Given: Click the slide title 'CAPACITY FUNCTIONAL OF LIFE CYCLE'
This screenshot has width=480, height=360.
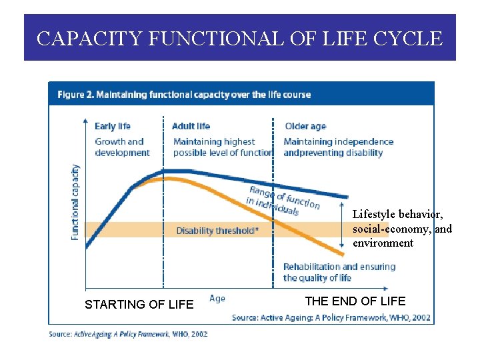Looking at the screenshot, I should [x=239, y=39].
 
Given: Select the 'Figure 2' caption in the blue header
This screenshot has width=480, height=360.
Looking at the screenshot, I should [x=184, y=95].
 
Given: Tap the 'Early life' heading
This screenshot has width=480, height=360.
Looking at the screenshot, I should [x=113, y=126].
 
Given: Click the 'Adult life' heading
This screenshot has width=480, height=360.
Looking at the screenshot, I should [x=191, y=126].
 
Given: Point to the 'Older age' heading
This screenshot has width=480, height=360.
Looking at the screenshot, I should [x=305, y=126].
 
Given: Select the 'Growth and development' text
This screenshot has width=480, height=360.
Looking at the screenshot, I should [x=122, y=147].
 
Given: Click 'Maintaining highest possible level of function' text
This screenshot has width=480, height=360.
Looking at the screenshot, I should [x=223, y=147].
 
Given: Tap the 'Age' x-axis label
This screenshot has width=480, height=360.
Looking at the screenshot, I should [x=217, y=299].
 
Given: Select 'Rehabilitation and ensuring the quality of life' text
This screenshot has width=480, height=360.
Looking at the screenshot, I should [x=339, y=272].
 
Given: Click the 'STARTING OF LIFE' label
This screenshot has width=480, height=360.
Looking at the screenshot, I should [x=139, y=305].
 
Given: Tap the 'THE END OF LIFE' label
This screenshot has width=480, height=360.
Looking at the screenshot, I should [x=355, y=301].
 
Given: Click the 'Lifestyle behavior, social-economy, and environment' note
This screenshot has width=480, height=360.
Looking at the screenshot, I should [x=401, y=229].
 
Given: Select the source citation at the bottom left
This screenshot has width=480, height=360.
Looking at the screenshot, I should [x=128, y=333].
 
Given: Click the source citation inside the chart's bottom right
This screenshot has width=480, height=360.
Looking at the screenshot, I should [x=331, y=317].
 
